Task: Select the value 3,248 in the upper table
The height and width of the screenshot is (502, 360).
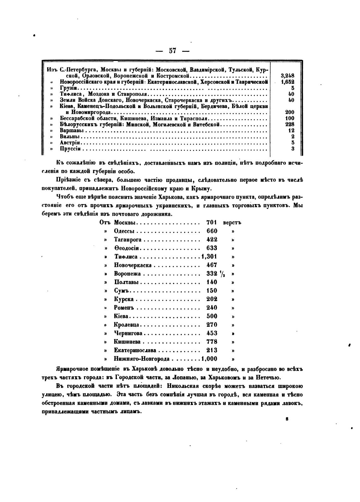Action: point(287,76)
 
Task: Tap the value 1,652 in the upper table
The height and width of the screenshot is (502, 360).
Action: point(287,82)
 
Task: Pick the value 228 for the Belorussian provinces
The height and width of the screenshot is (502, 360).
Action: point(290,124)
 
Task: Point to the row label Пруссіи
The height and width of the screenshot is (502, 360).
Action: point(70,149)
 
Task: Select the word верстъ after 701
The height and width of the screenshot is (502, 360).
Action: point(232,222)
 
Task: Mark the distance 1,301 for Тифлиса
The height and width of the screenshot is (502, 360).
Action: point(209,257)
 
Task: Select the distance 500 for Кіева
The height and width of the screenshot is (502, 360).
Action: point(212,316)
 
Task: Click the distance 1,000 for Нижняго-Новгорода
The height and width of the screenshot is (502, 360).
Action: point(209,359)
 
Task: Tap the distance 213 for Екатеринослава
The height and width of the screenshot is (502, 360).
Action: point(212,350)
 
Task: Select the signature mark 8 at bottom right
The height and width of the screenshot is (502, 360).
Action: point(287,419)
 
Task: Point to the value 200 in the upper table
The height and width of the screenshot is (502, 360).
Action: point(290,112)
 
